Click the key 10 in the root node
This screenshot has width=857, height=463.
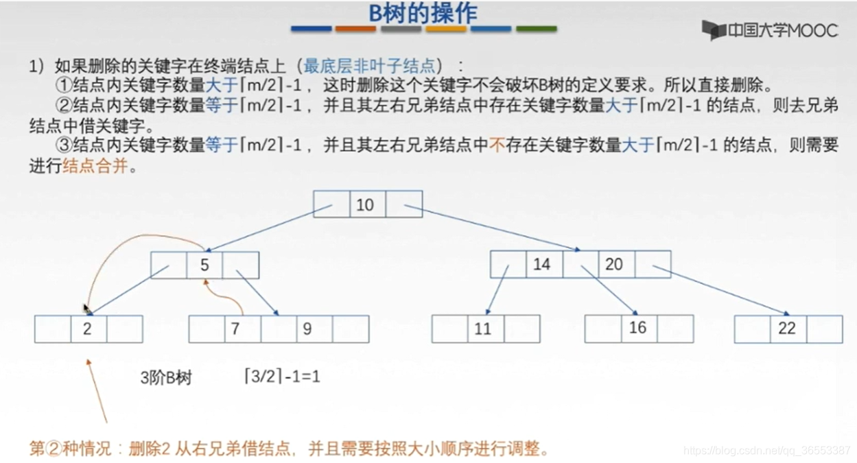point(365,204)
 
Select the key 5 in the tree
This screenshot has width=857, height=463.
point(204,265)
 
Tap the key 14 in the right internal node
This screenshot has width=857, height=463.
point(542,264)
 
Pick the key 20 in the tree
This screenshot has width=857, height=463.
point(614,264)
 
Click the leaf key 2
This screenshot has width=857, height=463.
point(87,329)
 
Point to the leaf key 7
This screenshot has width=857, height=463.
point(235,329)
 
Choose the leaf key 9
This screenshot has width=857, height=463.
point(307,329)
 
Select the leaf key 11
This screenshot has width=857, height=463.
point(483,329)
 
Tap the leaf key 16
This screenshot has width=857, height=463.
point(638,328)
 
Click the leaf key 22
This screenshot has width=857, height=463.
point(786,329)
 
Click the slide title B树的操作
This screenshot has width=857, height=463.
point(423,13)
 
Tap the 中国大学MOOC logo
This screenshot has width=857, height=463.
point(769,30)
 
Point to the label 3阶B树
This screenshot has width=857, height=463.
point(166,378)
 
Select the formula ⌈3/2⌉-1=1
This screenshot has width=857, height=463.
point(282,377)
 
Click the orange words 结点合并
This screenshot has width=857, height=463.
point(95,166)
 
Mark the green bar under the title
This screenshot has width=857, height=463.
point(536,29)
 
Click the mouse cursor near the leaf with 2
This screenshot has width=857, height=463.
point(86,310)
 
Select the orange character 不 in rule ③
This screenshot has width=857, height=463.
point(497,145)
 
